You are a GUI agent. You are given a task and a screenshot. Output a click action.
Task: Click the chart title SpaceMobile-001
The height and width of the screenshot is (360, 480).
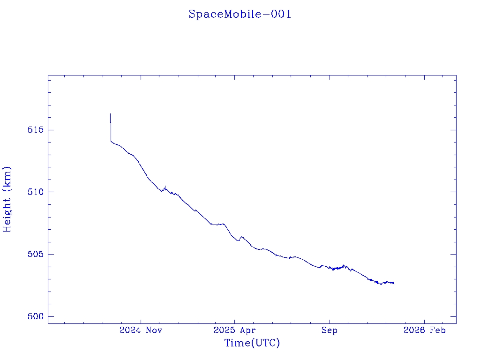pos(240,15)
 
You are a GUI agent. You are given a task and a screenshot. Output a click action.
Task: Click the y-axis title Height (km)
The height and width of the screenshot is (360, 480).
pos(7,199)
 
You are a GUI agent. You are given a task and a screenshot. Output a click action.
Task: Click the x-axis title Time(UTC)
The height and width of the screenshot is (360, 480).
pos(252,343)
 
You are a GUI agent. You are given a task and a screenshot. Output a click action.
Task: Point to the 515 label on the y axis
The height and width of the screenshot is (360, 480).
pos(35,130)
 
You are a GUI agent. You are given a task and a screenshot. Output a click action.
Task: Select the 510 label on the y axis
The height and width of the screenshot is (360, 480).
pos(35,192)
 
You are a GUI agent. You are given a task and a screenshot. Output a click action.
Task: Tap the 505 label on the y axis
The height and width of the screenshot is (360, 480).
pos(35,255)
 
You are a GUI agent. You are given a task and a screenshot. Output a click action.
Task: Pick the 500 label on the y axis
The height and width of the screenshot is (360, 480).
pos(35,317)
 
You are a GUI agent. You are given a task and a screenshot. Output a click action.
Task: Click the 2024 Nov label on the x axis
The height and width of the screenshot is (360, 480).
pos(141,330)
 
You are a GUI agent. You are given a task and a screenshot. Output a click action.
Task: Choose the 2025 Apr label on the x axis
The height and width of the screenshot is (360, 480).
pos(235,330)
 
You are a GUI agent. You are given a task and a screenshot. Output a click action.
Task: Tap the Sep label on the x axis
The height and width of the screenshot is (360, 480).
pos(329,330)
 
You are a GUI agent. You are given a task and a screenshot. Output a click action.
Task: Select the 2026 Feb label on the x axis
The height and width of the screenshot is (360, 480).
pos(424,330)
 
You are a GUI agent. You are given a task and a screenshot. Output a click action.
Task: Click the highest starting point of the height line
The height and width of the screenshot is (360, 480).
pos(110,113)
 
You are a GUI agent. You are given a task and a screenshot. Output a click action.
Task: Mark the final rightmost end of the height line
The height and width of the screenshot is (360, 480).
pos(394,284)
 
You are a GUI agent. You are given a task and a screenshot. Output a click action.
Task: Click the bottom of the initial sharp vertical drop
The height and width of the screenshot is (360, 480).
pos(111,141)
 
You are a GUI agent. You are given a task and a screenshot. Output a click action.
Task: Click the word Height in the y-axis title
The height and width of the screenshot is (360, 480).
pos(7,213)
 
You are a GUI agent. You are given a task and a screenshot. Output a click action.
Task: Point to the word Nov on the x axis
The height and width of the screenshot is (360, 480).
pos(154,330)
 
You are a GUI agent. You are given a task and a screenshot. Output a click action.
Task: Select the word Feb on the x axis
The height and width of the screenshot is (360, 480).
pos(438,330)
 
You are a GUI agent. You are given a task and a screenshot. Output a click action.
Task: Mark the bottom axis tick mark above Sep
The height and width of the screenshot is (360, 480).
pos(329,321)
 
